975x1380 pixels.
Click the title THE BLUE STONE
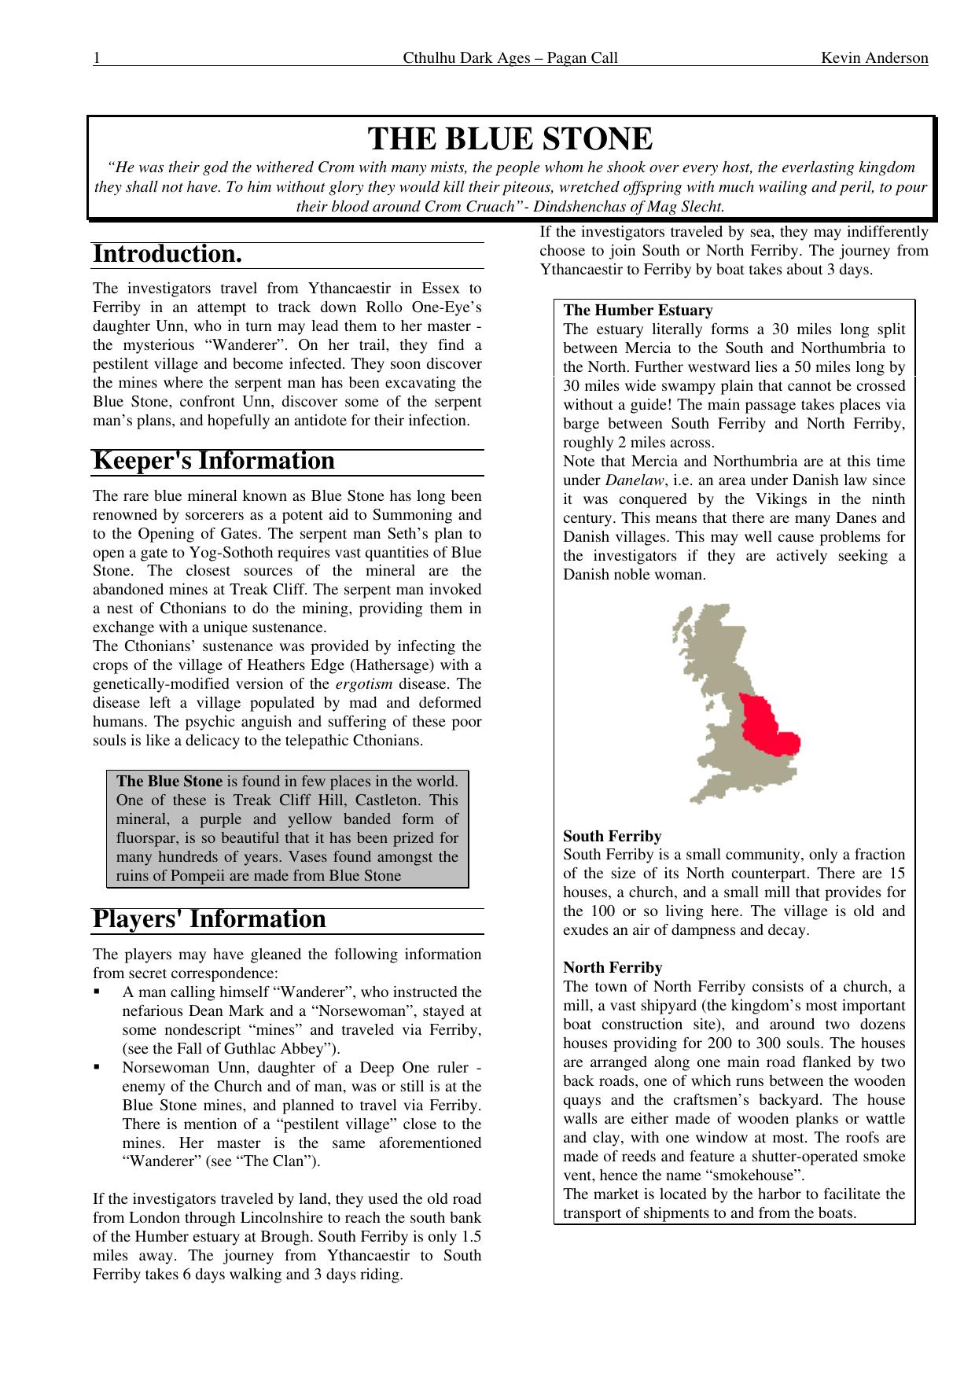510,139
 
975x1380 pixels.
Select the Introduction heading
167,255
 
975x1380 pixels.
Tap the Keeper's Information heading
214,461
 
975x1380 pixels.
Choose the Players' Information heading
209,919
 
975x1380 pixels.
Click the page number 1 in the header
97,58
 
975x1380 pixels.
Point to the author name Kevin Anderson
874,58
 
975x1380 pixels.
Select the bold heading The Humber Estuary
638,311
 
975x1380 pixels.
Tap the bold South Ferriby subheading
612,837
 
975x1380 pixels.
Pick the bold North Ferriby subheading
613,968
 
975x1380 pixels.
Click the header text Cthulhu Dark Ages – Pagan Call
510,58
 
